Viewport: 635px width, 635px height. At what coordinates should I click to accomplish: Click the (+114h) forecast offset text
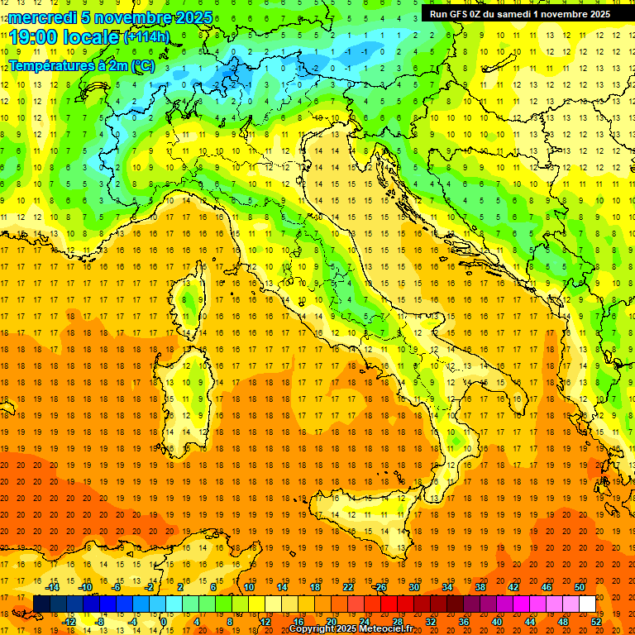[147, 37]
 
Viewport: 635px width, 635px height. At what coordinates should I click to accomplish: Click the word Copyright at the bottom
[316, 629]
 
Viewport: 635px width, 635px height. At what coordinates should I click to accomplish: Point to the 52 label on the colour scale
[597, 622]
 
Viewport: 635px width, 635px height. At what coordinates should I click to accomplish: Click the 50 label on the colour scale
[580, 587]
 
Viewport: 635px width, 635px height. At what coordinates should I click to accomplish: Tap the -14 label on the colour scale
[53, 587]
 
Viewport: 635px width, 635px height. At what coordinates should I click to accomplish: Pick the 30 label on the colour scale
[414, 587]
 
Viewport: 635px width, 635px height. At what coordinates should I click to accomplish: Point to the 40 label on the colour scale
[497, 622]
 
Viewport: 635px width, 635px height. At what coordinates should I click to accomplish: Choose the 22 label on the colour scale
[348, 587]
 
